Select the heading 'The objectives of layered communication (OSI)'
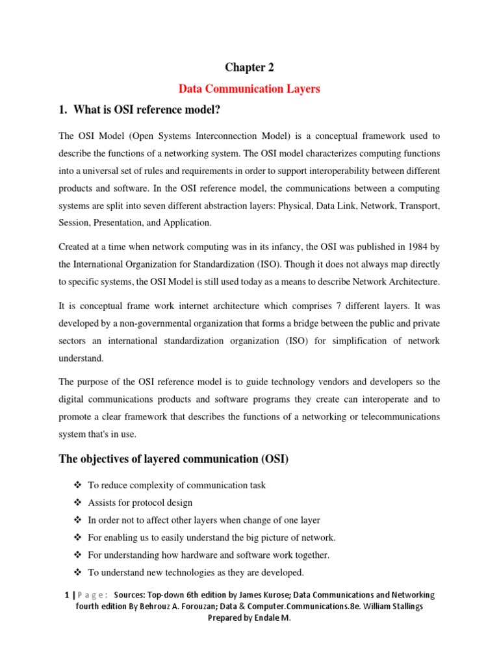click(173, 460)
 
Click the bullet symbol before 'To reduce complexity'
click(77, 485)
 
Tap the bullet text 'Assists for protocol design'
click(140, 503)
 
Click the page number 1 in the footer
click(67, 595)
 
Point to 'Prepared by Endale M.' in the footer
click(249, 618)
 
